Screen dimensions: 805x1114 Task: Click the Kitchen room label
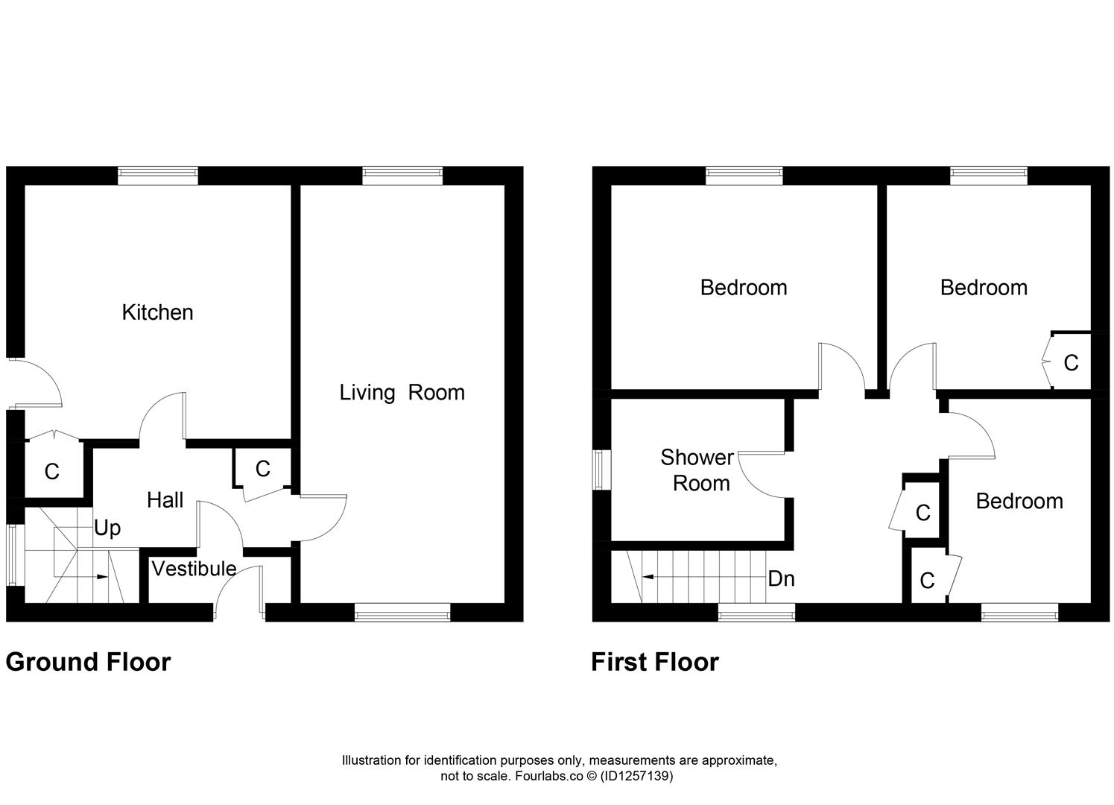click(157, 312)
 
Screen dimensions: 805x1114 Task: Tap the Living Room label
click(402, 393)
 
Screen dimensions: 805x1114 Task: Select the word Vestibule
click(194, 569)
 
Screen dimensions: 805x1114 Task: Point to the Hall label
click(165, 500)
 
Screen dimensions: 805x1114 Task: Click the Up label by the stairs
click(107, 528)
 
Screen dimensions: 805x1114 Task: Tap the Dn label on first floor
click(781, 578)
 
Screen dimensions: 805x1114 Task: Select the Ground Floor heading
click(88, 662)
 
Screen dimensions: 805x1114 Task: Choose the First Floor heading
click(654, 662)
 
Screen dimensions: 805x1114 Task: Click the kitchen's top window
click(158, 175)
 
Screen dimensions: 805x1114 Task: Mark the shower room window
click(601, 470)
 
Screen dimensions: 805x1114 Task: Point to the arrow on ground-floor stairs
click(98, 576)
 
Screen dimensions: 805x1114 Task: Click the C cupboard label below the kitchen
click(51, 472)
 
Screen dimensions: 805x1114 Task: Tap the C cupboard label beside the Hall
click(262, 469)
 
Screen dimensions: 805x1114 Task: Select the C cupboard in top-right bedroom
click(1071, 363)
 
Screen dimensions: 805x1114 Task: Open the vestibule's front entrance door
click(238, 591)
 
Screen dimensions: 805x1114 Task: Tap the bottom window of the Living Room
click(402, 613)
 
